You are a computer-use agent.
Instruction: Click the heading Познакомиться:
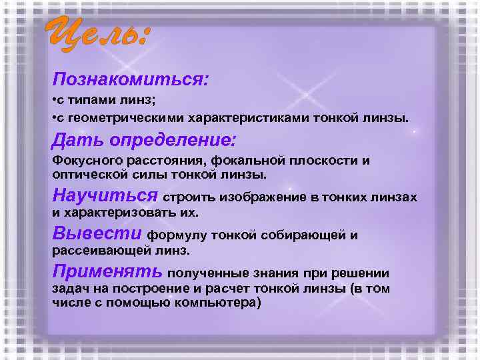click(131, 81)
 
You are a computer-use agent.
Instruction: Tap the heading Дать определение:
click(143, 141)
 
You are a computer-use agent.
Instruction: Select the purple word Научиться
click(105, 196)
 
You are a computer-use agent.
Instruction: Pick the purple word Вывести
click(97, 234)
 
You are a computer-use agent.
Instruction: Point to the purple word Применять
click(107, 272)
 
